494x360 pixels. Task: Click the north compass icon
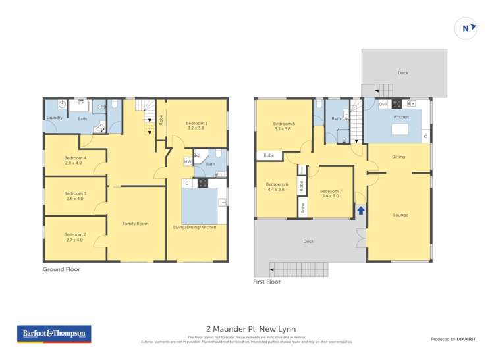pyautogui.click(x=466, y=28)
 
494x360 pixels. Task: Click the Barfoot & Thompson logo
pyautogui.click(x=54, y=334)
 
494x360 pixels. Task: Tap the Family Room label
pyautogui.click(x=136, y=224)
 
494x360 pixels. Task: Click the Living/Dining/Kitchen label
pyautogui.click(x=196, y=227)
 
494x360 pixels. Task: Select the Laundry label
pyautogui.click(x=54, y=118)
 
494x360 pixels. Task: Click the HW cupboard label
pyautogui.click(x=188, y=162)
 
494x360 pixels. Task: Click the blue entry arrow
pyautogui.click(x=360, y=211)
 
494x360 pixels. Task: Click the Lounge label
pyautogui.click(x=400, y=215)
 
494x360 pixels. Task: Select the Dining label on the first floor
pyautogui.click(x=398, y=157)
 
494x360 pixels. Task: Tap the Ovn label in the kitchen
pyautogui.click(x=383, y=104)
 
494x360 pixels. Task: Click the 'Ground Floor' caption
pyautogui.click(x=61, y=269)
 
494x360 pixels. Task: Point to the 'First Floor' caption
pyautogui.click(x=267, y=282)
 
